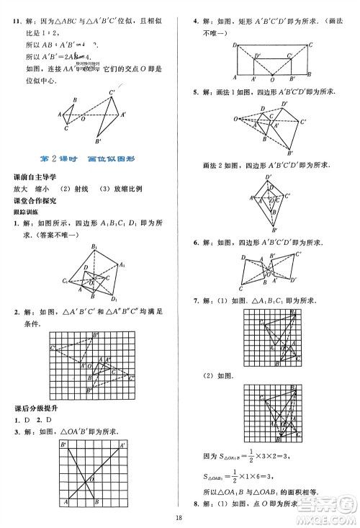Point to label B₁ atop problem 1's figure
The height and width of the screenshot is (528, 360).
(94, 247)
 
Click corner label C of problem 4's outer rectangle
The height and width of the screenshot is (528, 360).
(310, 43)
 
